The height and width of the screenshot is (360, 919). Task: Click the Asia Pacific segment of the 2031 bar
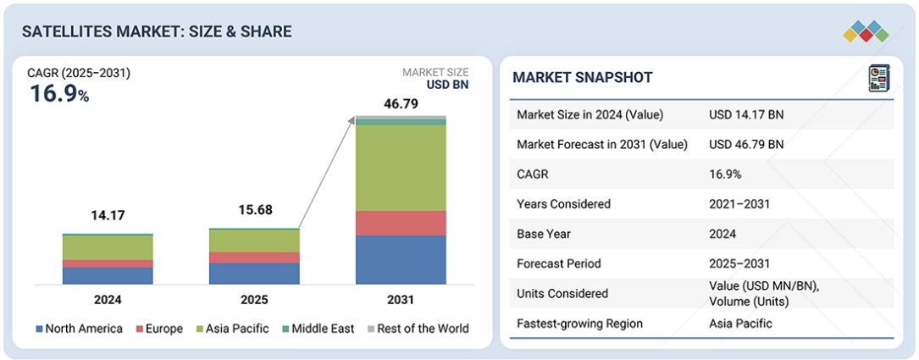click(401, 168)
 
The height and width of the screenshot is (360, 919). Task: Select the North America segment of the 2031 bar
click(401, 259)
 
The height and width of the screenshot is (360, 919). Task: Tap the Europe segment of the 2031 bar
click(401, 223)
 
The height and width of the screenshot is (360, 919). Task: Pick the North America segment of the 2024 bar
click(108, 275)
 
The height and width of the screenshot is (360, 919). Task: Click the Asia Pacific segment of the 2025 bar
click(254, 241)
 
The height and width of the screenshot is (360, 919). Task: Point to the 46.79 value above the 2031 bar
click(401, 104)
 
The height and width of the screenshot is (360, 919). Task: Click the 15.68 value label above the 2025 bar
click(254, 210)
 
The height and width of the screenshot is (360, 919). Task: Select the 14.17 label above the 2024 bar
click(108, 215)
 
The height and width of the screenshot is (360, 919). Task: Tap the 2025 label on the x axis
click(254, 300)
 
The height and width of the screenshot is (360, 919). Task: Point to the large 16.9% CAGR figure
click(59, 93)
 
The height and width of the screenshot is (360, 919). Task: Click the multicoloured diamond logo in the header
click(866, 31)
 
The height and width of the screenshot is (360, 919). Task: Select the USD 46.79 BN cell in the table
click(746, 145)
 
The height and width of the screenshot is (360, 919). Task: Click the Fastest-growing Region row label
click(579, 323)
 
